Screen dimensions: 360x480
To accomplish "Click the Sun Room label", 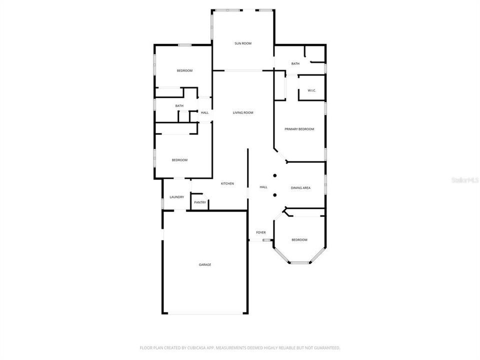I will pos(243,43).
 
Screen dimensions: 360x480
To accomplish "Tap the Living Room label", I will pos(243,113).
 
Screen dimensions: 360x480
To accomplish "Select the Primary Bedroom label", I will pos(299,129).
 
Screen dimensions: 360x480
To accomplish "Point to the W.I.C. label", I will pos(312,90).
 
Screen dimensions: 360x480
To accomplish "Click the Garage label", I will pos(205,264).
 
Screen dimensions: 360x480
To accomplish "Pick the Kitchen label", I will pos(227,184).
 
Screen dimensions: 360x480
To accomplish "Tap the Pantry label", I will pos(200,202).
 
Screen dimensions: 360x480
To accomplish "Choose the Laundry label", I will pos(176,197).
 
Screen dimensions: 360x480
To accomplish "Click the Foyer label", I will pos(261,233).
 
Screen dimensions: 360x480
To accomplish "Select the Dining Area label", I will pos(300,188).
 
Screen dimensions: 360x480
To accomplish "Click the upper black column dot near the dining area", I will pos(274,175).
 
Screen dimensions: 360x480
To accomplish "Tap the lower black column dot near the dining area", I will pos(274,194).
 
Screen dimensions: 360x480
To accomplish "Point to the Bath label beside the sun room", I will pos(295,63).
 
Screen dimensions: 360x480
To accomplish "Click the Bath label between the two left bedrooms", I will pos(179,106).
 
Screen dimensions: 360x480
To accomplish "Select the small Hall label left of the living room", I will pos(204,113).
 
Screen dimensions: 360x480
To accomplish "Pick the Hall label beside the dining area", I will pos(263,187).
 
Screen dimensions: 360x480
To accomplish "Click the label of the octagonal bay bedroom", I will pos(299,240).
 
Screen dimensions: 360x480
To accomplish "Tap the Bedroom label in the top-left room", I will pos(184,71).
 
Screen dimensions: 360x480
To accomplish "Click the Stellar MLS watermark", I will pos(464,179).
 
